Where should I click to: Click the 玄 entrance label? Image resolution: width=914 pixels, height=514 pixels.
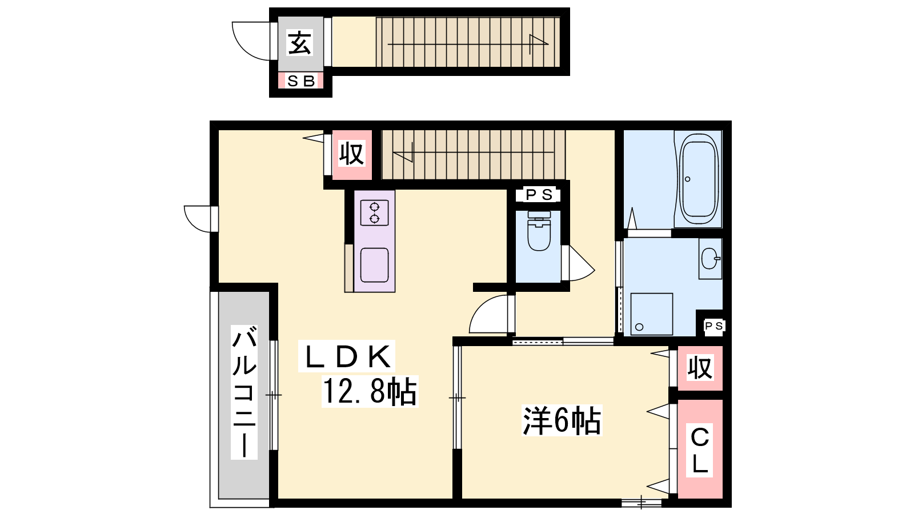coord(300,43)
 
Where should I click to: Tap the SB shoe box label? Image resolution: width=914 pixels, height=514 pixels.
coord(301,81)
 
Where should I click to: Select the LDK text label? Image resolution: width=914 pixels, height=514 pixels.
coord(347,356)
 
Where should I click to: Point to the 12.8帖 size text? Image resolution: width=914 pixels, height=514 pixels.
coord(370,391)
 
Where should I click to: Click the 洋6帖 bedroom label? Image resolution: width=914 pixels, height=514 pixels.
coord(562,420)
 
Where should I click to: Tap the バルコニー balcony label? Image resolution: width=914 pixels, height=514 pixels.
coord(244,392)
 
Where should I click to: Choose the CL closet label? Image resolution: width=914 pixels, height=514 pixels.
coord(699,451)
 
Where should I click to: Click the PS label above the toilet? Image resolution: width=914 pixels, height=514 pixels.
coord(539,195)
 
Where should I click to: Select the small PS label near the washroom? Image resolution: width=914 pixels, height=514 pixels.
coord(713,326)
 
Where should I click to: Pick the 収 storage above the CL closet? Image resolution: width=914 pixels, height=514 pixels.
coord(700,368)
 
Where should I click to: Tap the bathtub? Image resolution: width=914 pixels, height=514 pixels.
coord(698,179)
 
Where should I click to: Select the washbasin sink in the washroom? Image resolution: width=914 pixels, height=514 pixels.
coord(710,259)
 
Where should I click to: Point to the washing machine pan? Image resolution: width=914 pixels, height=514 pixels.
coord(651,314)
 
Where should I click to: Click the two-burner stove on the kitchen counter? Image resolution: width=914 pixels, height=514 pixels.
coord(374,213)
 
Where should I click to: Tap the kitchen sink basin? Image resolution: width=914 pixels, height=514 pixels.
coord(374,265)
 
